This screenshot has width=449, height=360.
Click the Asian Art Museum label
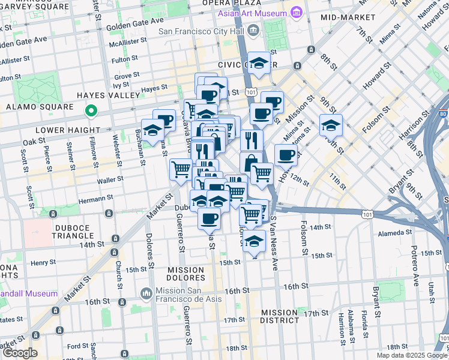tap(255, 13)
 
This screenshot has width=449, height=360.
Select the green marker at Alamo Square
tap(91, 110)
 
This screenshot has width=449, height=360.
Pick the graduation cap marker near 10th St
tap(331, 125)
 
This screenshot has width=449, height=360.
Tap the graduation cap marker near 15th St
tap(255, 242)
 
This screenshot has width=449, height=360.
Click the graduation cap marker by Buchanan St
tap(152, 129)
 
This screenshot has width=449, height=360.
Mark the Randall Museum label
tap(29, 293)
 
